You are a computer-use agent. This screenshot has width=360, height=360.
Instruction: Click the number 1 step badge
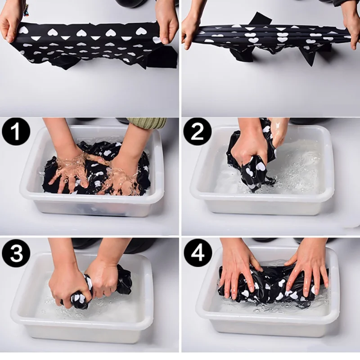tap(16, 132)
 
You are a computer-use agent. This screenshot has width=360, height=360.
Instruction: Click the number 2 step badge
tap(197, 132)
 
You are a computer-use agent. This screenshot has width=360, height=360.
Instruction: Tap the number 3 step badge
tap(16, 253)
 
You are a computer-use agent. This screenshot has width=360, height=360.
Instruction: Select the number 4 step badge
tap(198, 253)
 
